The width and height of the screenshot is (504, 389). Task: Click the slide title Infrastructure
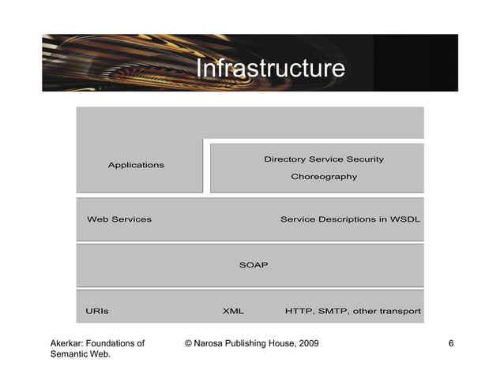pos(269,69)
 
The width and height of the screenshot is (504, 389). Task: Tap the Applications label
pos(136,165)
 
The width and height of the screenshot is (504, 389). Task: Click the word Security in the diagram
pos(365,159)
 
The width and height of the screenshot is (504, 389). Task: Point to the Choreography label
pos(324,177)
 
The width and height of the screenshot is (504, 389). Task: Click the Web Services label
pos(118,219)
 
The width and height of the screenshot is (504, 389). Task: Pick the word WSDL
pos(404,219)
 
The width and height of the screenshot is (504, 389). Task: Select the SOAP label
pos(253,265)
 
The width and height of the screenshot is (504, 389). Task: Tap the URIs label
pos(97,311)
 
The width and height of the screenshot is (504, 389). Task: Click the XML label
pos(233,311)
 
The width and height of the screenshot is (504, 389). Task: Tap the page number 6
pos(450,344)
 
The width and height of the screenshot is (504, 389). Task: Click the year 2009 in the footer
pos(307,344)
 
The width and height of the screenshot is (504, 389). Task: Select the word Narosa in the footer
pos(212,344)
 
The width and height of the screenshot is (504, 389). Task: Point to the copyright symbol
pos(188,344)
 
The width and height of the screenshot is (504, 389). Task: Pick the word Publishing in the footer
pos(252,344)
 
